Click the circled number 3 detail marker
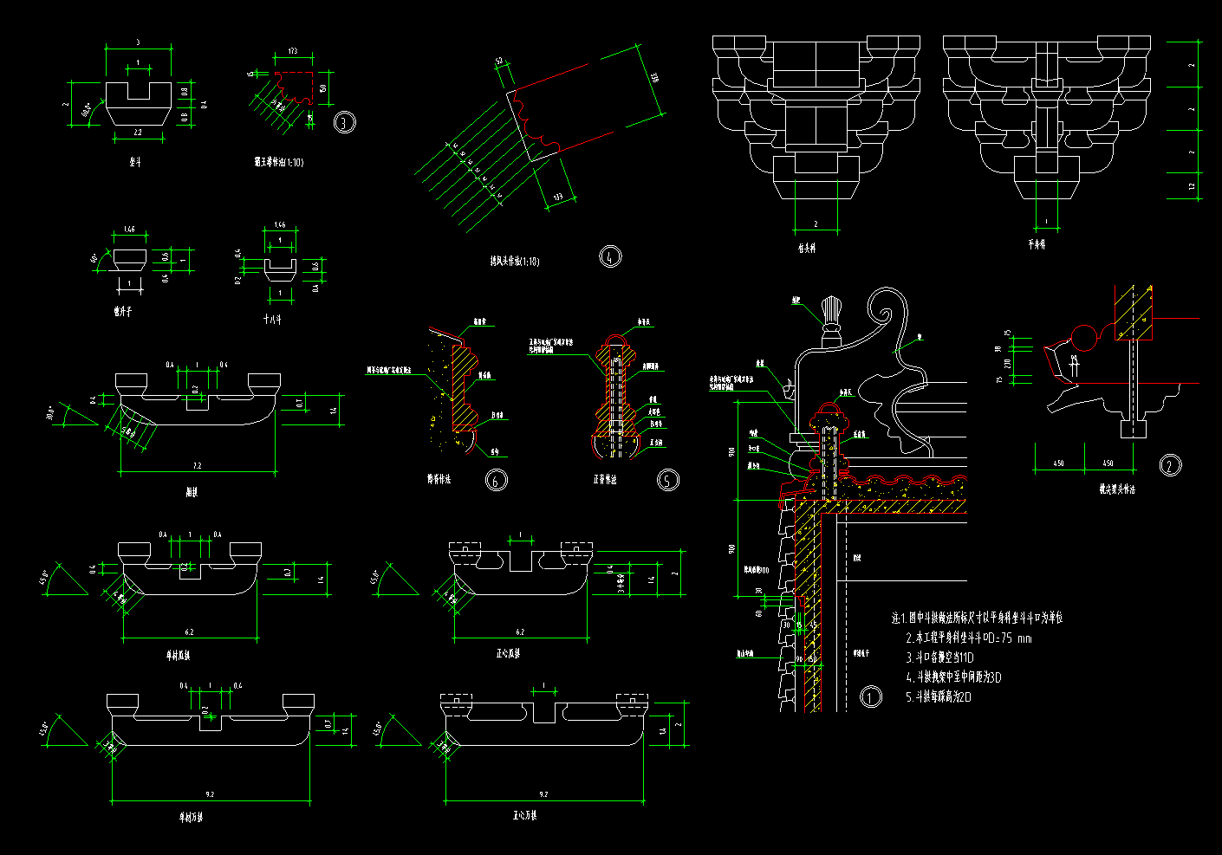(345, 122)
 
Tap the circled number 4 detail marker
(610, 256)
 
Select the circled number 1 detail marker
(870, 696)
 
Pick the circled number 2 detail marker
(1170, 466)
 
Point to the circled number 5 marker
(667, 480)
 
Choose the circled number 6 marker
(497, 480)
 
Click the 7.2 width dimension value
(197, 466)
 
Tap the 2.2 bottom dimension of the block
(138, 132)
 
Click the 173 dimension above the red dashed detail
(292, 52)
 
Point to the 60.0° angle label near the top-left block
(88, 111)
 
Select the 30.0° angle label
(53, 414)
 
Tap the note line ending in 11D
(939, 658)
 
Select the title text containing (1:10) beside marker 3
(278, 162)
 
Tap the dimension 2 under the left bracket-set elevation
(816, 224)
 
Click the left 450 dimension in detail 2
(1058, 463)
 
